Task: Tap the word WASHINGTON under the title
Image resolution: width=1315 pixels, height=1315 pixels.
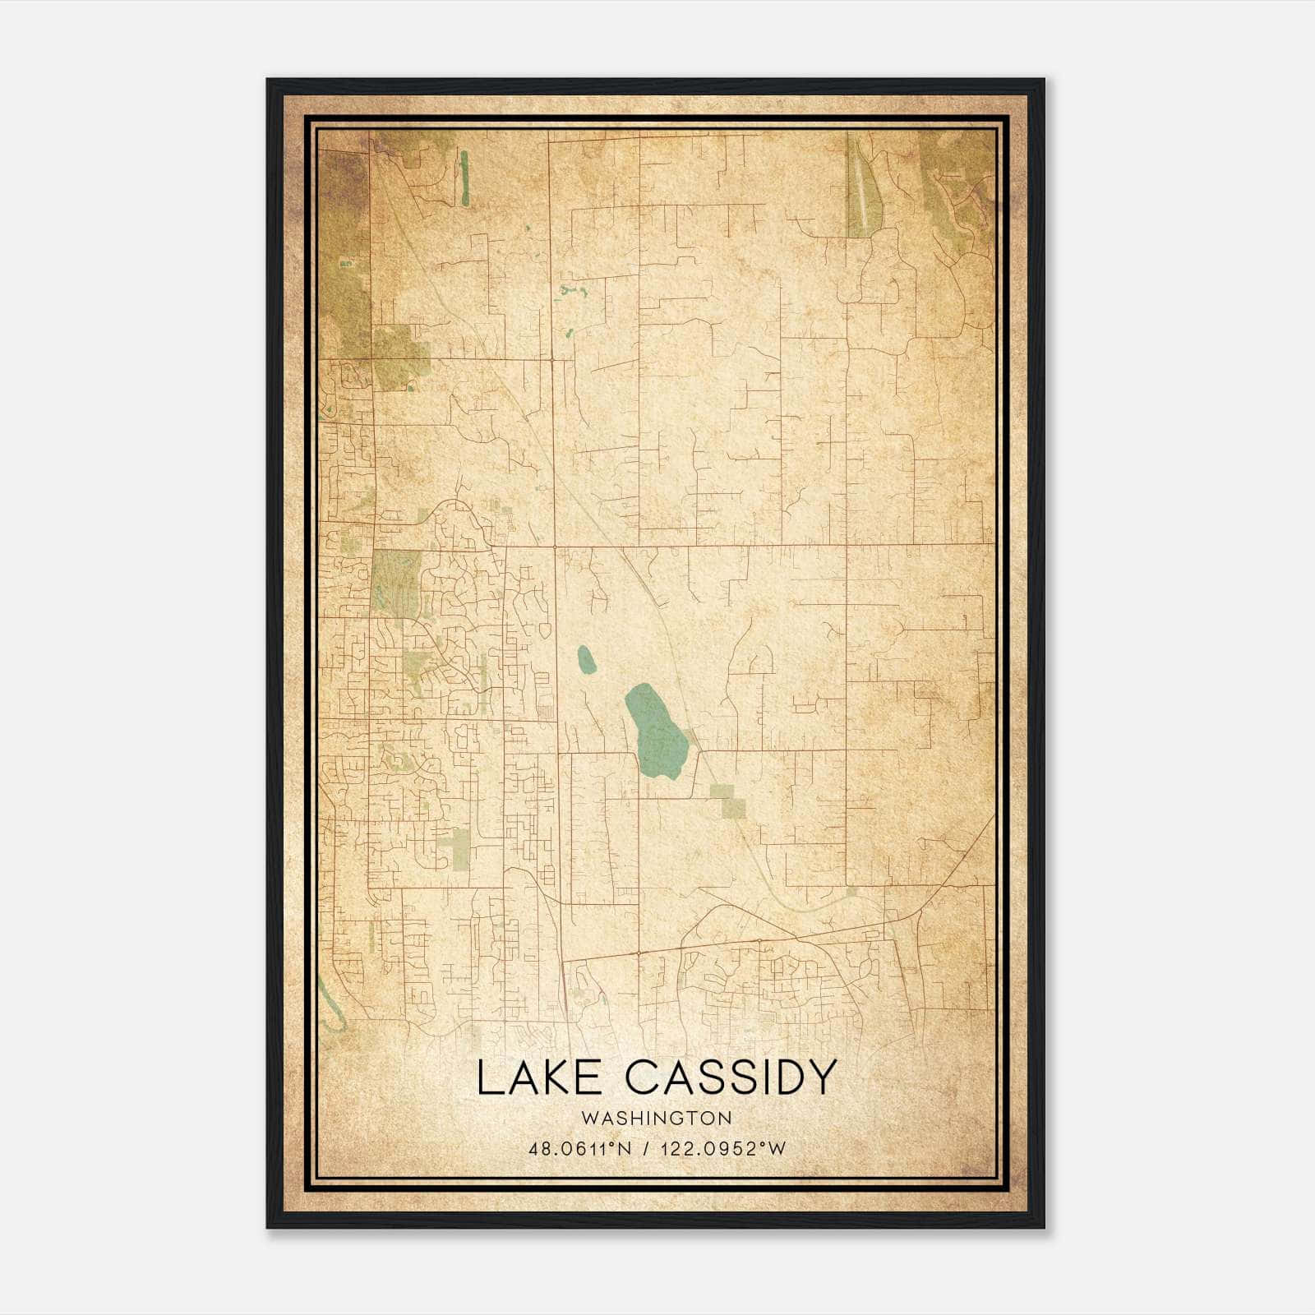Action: pyautogui.click(x=656, y=1118)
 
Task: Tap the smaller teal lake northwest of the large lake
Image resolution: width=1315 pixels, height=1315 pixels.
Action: pyautogui.click(x=586, y=659)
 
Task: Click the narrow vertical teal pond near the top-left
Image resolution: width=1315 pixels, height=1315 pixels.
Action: pyautogui.click(x=464, y=177)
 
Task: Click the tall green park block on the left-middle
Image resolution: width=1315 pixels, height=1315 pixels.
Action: pyautogui.click(x=396, y=582)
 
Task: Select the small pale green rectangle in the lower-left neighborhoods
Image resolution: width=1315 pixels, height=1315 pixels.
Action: pyautogui.click(x=460, y=849)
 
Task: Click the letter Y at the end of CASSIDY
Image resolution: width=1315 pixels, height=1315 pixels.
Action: pyautogui.click(x=822, y=1077)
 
